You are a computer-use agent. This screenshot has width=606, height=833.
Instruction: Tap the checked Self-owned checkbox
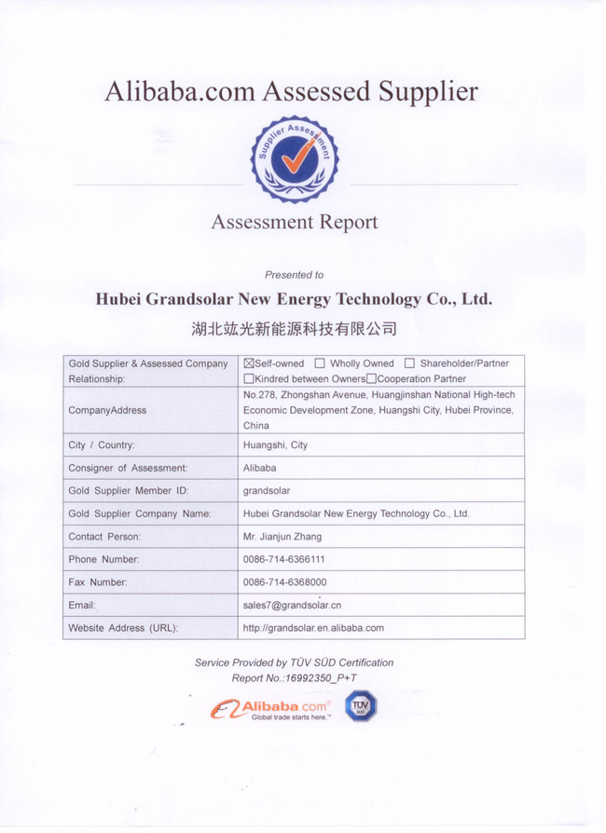248,363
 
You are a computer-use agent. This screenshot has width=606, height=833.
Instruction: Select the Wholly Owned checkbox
320,363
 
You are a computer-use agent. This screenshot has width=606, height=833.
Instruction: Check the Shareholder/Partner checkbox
408,363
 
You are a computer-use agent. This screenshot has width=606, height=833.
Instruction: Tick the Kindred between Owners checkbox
248,379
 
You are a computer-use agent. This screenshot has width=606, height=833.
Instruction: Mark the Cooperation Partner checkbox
371,379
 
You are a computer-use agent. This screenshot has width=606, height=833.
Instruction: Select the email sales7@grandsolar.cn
291,605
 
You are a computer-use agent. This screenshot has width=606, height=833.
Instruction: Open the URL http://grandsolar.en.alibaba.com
312,628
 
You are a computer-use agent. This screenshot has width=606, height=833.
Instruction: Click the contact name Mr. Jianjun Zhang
282,537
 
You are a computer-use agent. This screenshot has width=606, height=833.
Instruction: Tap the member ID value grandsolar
268,490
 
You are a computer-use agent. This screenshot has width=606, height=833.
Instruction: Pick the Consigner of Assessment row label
128,468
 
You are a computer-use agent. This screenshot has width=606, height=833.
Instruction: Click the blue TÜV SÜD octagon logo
363,707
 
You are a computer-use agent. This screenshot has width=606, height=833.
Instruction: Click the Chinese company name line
294,329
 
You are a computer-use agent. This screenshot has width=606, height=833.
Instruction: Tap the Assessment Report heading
294,223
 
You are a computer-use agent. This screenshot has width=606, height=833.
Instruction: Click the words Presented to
294,275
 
